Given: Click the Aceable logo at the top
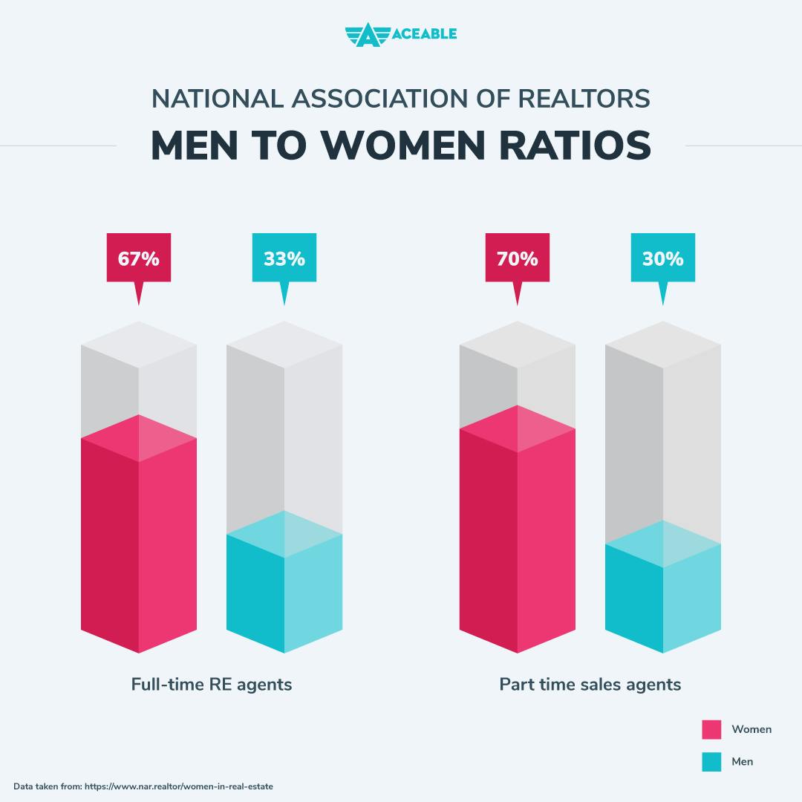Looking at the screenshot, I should click(x=400, y=34).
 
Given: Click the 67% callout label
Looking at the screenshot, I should click(x=139, y=258).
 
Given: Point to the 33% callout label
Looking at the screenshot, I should click(x=284, y=258).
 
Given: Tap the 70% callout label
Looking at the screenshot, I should click(x=518, y=258).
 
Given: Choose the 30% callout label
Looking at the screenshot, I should click(x=662, y=258).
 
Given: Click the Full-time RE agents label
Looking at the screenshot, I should click(x=212, y=684).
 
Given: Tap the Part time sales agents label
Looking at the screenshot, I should click(x=590, y=684).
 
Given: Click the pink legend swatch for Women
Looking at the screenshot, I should click(x=711, y=729).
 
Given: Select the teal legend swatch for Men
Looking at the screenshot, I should click(x=711, y=762).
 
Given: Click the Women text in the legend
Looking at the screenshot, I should click(x=752, y=729).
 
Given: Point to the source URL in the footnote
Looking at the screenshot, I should click(x=179, y=786).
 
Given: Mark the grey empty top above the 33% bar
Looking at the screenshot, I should click(x=284, y=431).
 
